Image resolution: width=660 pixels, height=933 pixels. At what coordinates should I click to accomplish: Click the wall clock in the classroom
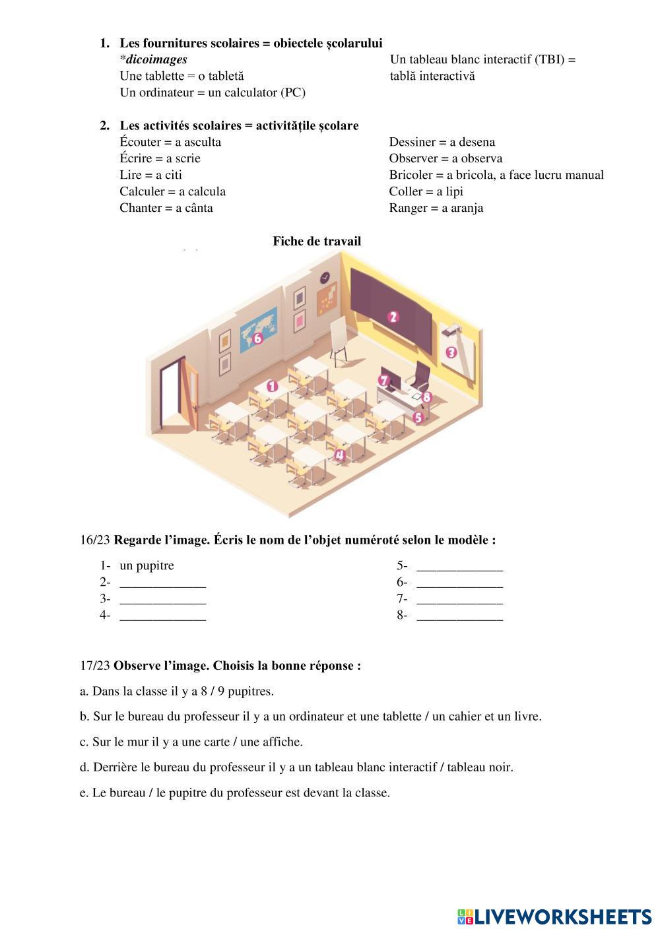tap(325, 276)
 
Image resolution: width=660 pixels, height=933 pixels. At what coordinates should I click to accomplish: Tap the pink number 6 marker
tap(257, 338)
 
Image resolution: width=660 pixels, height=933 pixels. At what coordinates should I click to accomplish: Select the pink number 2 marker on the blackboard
tap(393, 317)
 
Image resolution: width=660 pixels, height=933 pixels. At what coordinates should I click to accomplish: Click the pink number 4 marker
tap(339, 454)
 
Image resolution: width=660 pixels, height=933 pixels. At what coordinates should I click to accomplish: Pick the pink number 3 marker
tap(451, 352)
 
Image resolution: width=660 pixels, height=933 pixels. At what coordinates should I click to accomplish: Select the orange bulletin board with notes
tap(327, 300)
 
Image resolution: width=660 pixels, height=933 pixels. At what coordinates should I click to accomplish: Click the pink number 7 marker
tap(385, 380)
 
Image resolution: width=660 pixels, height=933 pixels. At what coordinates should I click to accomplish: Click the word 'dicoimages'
tap(156, 59)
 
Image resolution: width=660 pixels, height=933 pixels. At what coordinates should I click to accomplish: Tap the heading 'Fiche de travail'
tap(317, 241)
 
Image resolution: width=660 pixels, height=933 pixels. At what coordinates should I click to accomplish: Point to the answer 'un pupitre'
tap(147, 565)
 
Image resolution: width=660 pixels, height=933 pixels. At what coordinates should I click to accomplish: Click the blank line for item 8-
tap(460, 616)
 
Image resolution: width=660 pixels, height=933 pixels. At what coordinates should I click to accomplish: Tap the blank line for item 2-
tap(163, 583)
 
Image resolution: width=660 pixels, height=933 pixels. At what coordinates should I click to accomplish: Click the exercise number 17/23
tap(95, 665)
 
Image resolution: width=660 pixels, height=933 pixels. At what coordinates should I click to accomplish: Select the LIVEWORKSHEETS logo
tap(554, 917)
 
